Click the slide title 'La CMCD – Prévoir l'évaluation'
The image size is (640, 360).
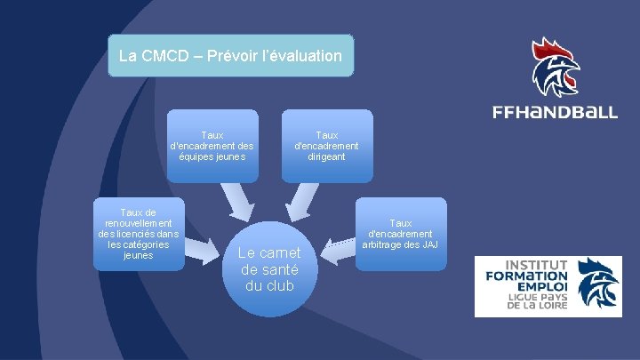pyautogui.click(x=230, y=56)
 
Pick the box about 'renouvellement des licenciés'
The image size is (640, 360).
pyautogui.click(x=138, y=233)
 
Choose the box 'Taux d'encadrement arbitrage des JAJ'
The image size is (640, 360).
pyautogui.click(x=401, y=234)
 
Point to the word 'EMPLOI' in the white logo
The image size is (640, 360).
pyautogui.click(x=541, y=289)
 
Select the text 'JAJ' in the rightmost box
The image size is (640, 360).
pyautogui.click(x=430, y=244)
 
